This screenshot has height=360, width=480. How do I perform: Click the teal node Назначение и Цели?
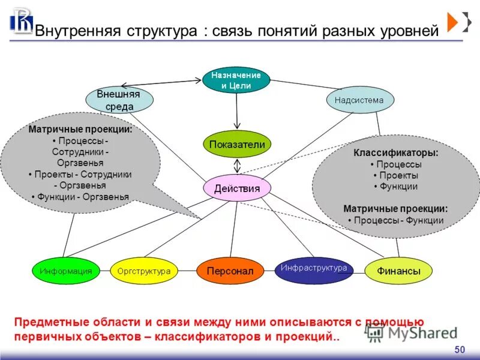pos(236,80)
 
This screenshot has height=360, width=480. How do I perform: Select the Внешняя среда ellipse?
pos(119,100)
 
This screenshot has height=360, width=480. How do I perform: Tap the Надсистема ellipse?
pos(360,100)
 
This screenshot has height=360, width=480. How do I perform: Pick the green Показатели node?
pos(236,144)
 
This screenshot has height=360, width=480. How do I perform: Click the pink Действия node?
pos(237,188)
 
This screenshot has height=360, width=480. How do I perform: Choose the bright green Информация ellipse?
pos(66,271)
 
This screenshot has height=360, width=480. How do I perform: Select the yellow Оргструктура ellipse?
pos(144,271)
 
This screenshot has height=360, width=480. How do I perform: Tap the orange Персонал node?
pos(230,271)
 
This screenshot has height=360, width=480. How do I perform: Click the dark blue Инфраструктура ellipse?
pos(314,269)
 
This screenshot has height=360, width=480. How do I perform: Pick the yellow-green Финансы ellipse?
pos(398,271)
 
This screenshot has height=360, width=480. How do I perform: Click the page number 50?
pos(460,350)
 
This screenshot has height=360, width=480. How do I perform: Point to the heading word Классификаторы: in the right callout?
pos(396,153)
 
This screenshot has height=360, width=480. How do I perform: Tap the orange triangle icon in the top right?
pos(452,22)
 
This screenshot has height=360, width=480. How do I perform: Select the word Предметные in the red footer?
pos(49,323)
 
